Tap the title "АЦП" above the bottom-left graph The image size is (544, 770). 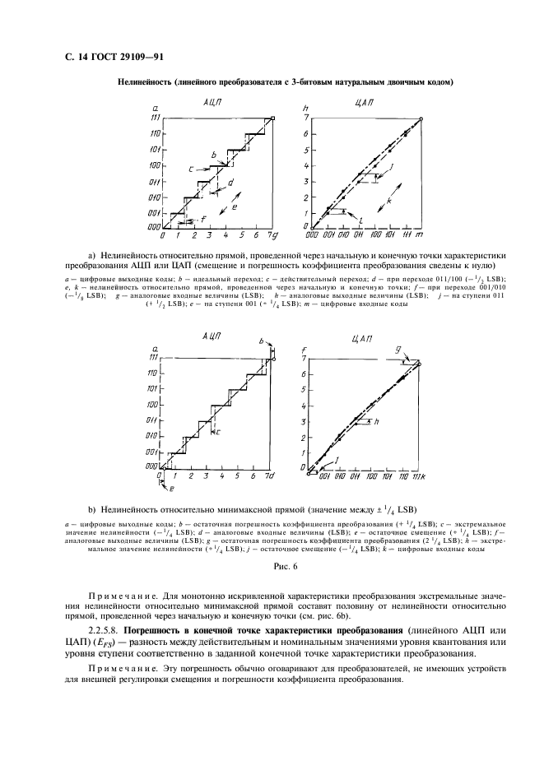[212, 339]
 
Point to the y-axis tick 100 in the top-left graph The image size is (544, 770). [154, 165]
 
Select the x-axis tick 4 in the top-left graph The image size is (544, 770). [223, 235]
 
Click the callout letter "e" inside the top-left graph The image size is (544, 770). [237, 209]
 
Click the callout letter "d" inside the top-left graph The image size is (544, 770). [231, 183]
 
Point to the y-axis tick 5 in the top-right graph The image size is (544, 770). [305, 151]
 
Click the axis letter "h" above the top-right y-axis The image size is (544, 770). [305, 109]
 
